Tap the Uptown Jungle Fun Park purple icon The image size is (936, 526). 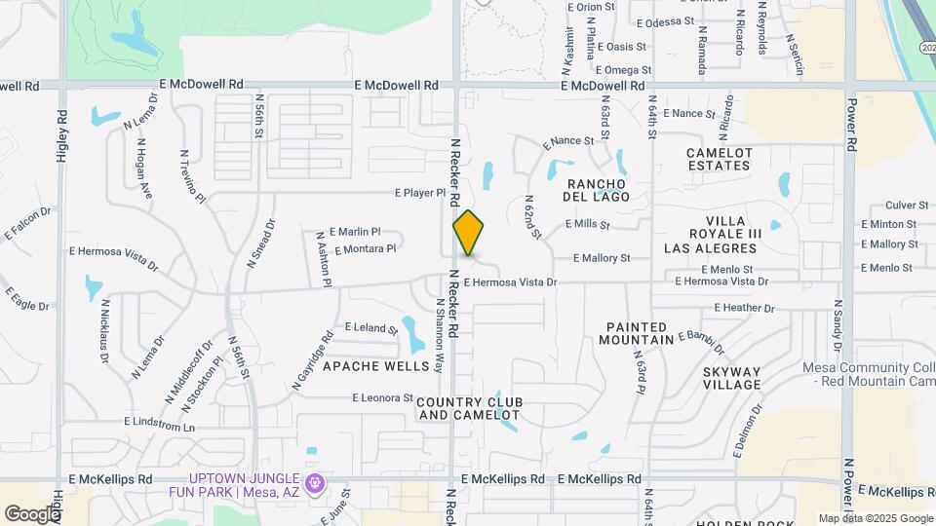point(315,483)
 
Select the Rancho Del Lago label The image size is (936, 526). point(595,190)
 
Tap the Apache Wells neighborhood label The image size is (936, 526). point(375,366)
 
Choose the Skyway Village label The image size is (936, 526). point(731,378)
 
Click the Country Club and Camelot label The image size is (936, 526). point(470,408)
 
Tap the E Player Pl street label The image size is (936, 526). point(420,193)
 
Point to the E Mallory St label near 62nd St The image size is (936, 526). point(602,258)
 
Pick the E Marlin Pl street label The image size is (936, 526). point(355,232)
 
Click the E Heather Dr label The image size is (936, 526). point(744,308)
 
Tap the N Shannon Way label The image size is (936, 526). point(440,336)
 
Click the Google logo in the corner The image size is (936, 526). point(31,513)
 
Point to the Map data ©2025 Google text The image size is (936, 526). point(875,518)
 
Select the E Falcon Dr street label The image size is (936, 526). point(29,223)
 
